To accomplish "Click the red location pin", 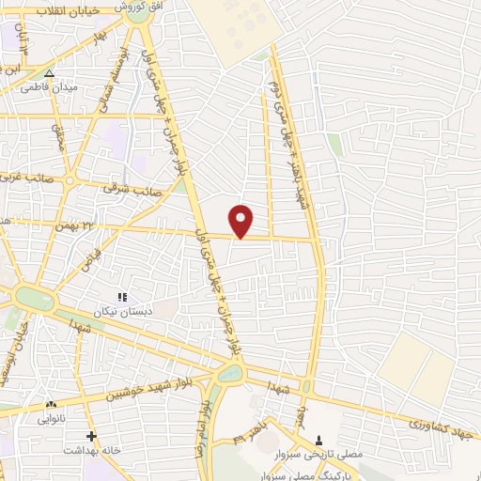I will pyautogui.click(x=242, y=220).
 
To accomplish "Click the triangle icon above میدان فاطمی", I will pyautogui.click(x=50, y=72).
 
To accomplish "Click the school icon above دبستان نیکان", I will pyautogui.click(x=122, y=297).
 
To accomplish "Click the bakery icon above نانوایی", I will pyautogui.click(x=51, y=405).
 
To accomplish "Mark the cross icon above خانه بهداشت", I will pyautogui.click(x=91, y=436).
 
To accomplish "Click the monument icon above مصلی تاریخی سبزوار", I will pyautogui.click(x=318, y=440).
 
